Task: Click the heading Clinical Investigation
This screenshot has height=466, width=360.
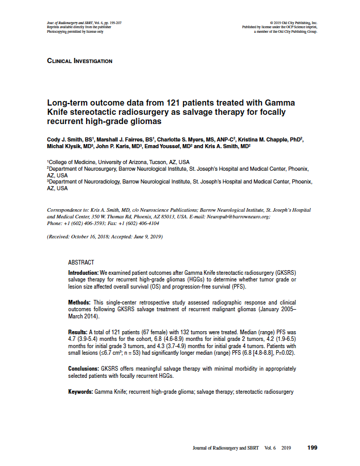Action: click(x=79, y=61)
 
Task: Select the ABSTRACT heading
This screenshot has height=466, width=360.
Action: click(x=81, y=262)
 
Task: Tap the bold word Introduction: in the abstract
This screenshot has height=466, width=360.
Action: click(x=84, y=273)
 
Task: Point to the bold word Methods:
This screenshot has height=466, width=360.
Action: click(x=79, y=302)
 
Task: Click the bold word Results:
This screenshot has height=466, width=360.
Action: click(x=78, y=333)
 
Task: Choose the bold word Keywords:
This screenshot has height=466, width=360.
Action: click(x=81, y=392)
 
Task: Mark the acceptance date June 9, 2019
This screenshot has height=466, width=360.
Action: click(x=146, y=237)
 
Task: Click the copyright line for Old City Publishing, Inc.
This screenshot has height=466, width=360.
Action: click(x=296, y=23)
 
